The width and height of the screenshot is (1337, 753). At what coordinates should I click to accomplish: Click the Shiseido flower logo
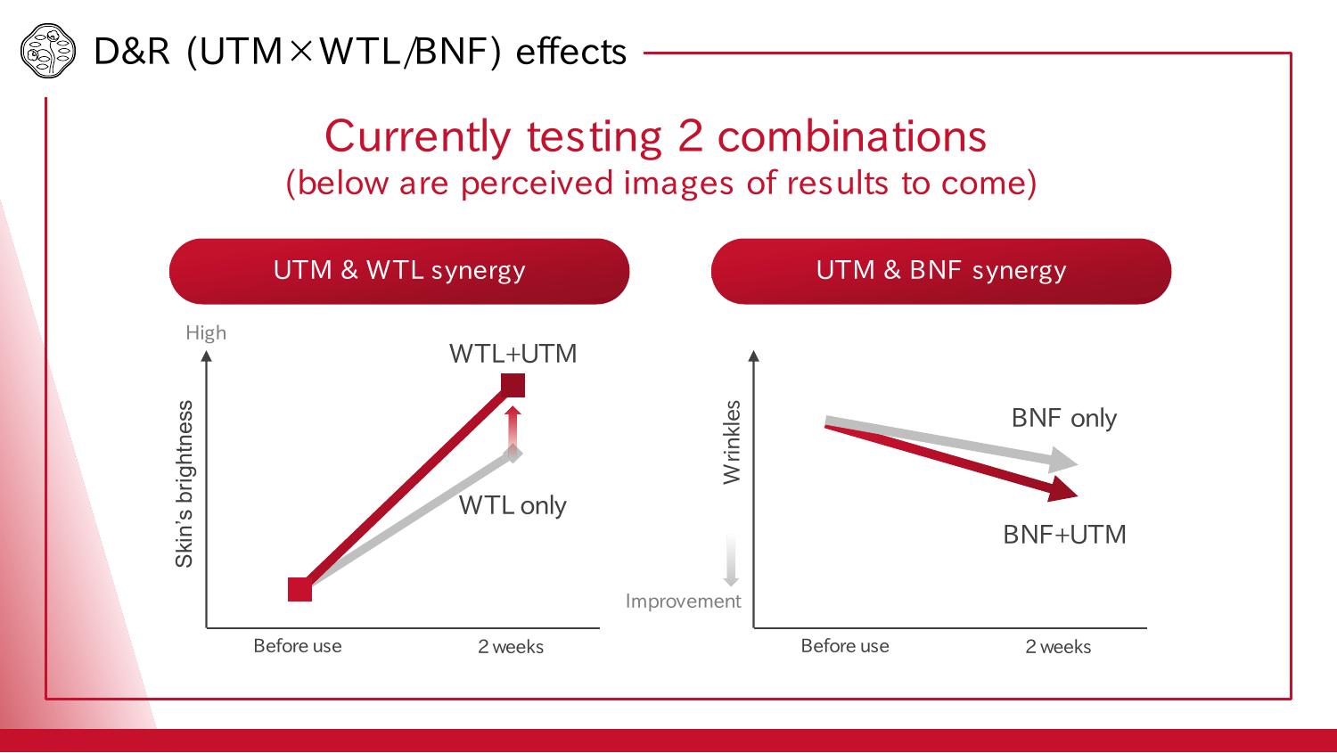(45, 51)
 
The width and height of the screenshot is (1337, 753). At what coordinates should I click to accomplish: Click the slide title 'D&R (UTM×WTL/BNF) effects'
(360, 52)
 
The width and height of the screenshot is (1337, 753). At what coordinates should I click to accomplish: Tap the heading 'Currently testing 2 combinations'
(655, 136)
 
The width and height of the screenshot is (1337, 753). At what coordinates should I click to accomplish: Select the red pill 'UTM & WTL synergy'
(399, 271)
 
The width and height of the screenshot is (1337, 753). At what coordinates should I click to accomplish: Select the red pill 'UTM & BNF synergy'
(940, 271)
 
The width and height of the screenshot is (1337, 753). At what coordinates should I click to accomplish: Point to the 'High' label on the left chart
(206, 332)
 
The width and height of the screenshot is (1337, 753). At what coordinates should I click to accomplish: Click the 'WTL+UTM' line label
(513, 354)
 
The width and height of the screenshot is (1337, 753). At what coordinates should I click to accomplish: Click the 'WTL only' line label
(513, 505)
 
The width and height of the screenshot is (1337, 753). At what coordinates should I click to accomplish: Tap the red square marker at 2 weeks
(513, 385)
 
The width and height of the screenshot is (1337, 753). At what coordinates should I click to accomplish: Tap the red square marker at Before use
(300, 589)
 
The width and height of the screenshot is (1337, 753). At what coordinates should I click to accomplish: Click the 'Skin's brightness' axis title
(185, 484)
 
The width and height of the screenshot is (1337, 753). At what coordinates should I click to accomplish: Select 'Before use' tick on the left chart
(298, 646)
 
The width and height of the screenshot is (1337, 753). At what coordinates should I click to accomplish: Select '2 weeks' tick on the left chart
(511, 647)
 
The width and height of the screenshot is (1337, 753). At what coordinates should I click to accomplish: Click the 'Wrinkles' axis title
(732, 442)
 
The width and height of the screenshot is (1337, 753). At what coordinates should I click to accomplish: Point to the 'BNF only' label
(1063, 418)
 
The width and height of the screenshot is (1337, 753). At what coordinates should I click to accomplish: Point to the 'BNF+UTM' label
(1064, 535)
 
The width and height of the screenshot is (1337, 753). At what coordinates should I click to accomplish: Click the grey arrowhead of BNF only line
(1063, 461)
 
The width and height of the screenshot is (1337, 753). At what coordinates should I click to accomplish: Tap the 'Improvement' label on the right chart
(683, 602)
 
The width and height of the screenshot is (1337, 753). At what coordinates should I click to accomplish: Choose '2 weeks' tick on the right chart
(1058, 647)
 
